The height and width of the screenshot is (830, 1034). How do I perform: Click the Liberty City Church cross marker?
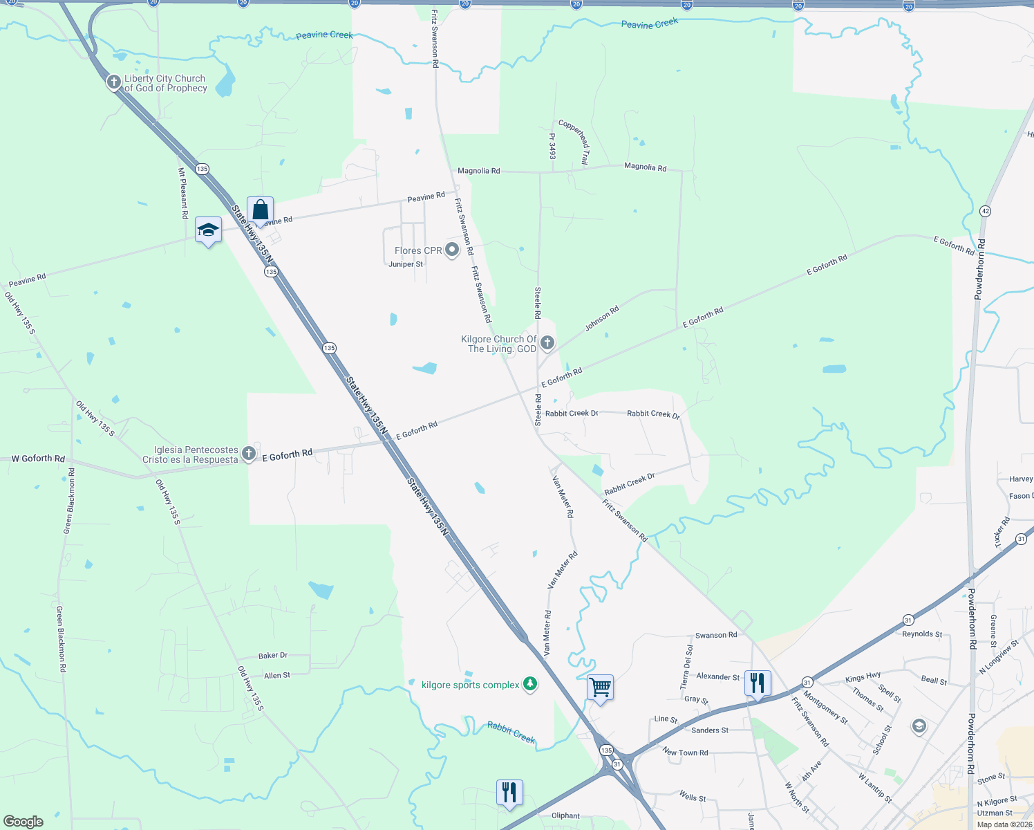[113, 83]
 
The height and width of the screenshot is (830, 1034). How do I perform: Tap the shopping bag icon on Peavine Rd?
[260, 210]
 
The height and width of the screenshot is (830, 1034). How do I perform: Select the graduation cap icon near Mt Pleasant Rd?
[208, 230]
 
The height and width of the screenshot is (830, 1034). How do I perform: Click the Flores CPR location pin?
[452, 249]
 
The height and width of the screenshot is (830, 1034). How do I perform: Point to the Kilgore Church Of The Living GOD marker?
[547, 342]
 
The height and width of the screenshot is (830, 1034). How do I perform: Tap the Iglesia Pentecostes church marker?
[249, 454]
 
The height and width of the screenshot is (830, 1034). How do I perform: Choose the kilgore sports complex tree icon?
[530, 684]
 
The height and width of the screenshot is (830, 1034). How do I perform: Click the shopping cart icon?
[600, 688]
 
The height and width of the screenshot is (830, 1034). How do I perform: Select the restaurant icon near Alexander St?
[758, 683]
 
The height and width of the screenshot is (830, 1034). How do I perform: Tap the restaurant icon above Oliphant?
[509, 792]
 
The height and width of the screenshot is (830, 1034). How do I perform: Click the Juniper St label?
[406, 264]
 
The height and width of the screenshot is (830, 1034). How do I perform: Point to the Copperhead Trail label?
[574, 142]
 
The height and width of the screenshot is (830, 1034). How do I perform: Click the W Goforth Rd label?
[38, 459]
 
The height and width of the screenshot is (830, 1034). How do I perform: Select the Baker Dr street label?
[273, 655]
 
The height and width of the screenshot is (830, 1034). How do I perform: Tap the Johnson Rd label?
[602, 319]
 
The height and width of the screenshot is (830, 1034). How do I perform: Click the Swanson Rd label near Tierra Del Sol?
[716, 635]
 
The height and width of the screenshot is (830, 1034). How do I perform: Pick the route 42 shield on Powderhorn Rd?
[985, 211]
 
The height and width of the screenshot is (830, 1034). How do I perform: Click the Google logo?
[23, 822]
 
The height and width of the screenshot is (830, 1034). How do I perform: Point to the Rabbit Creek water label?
[511, 732]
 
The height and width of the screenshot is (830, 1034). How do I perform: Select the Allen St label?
[277, 675]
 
